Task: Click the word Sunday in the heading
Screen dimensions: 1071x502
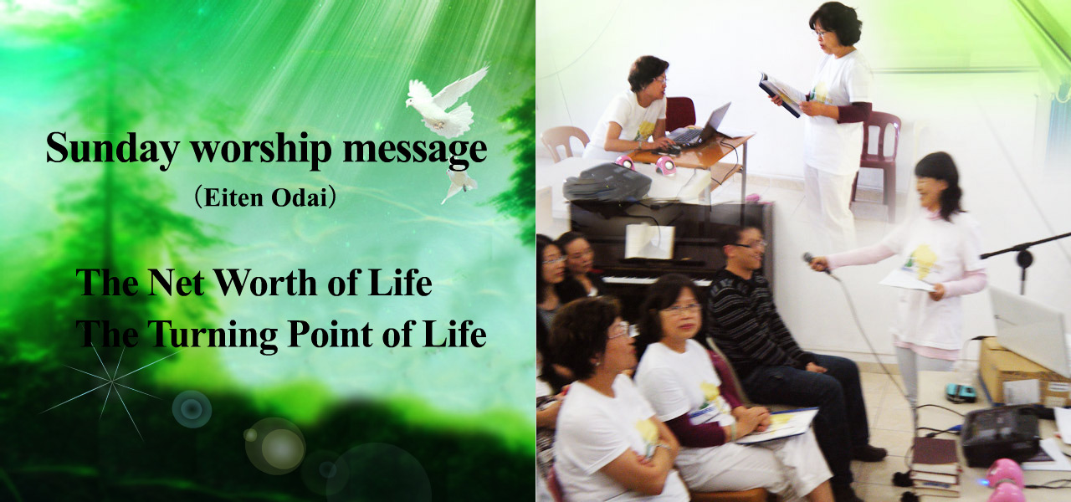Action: coord(112,149)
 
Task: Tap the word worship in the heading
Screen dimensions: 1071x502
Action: coord(261,149)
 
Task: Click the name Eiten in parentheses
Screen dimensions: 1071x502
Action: coord(233,197)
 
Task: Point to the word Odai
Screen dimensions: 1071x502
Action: coord(299,197)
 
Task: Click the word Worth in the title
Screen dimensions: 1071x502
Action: coord(266,283)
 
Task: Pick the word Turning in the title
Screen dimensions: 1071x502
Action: coord(212,334)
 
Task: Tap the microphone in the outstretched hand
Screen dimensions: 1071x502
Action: coord(818,265)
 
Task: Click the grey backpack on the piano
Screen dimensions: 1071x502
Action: coord(607,182)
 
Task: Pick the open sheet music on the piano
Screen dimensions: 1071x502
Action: coord(650,242)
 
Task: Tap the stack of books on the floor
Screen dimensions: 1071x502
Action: coord(935,466)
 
